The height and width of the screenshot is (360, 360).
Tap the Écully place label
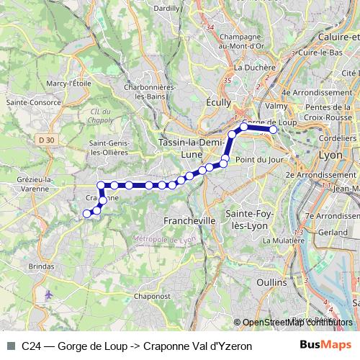tap(217, 102)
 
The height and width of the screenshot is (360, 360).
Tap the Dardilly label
tap(167, 7)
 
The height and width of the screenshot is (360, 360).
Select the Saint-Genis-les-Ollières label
tap(109, 148)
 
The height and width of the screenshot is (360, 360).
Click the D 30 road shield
tap(47, 139)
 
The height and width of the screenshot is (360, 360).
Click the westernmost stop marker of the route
tap(87, 213)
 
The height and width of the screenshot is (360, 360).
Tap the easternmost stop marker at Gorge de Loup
tap(273, 130)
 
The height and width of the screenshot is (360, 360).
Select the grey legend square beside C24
tap(10, 346)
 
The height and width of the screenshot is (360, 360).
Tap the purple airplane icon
tap(48, 294)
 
